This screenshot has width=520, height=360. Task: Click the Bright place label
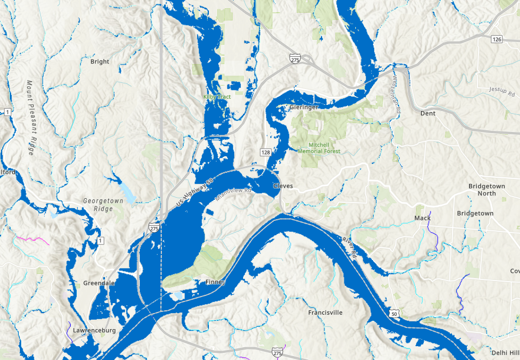point(99,62)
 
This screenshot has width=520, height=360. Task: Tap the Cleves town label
point(283,186)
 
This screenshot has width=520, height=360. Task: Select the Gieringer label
point(303,107)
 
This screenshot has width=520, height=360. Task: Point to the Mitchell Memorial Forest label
point(319,148)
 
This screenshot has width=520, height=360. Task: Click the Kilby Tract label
point(217,97)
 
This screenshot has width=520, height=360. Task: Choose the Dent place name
point(428,113)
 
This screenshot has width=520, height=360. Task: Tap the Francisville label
point(325,313)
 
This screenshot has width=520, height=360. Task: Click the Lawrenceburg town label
point(93,331)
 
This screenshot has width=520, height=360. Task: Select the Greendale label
point(99,283)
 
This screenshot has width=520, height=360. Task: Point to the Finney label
point(214,282)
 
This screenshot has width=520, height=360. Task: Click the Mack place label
point(422,218)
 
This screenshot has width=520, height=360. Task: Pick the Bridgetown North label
point(486,190)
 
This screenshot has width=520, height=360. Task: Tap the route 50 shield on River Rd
point(393,314)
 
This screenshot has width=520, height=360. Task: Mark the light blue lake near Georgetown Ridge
point(127,193)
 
